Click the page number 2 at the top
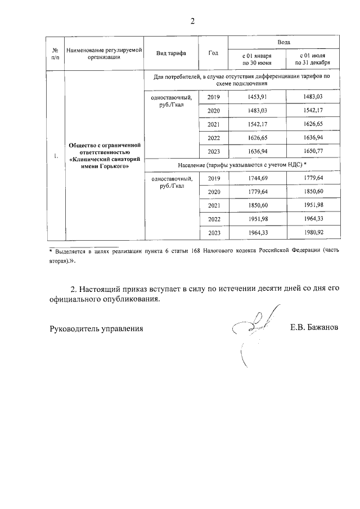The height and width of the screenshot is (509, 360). (192, 21)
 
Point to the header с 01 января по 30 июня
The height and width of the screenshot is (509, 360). (256, 60)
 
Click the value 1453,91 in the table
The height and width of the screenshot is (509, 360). (256, 97)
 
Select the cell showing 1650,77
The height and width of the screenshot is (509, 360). (313, 152)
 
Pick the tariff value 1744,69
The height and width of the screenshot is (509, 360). (256, 178)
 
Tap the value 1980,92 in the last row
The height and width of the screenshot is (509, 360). (313, 233)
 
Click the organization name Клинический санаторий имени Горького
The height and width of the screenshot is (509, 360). (103, 156)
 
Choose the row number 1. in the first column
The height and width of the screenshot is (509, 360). (55, 156)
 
